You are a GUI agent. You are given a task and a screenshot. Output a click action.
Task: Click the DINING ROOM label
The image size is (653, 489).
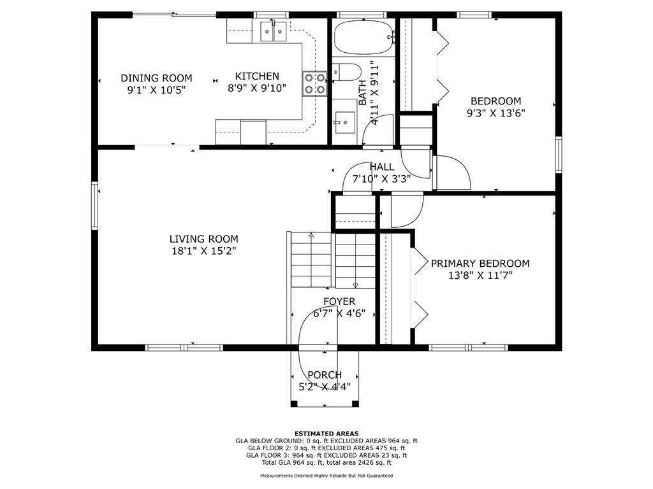tap(156, 78)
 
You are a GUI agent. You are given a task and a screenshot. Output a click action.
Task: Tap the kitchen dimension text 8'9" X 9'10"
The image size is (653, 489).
tap(257, 88)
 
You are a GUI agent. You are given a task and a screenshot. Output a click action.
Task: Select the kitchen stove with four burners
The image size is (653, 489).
tap(314, 83)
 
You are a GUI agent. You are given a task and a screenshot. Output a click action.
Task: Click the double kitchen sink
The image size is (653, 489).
tap(273, 31)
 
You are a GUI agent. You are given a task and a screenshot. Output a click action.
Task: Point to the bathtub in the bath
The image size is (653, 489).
tap(363, 38)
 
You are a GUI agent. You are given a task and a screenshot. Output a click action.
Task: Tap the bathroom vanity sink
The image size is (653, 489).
tap(345, 123)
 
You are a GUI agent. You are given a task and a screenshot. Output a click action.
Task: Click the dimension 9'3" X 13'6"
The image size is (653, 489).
tap(495, 113)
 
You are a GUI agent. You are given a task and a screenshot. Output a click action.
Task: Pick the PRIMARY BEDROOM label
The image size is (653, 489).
tap(480, 263)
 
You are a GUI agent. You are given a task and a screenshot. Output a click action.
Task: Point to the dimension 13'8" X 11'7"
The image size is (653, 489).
tap(480, 275)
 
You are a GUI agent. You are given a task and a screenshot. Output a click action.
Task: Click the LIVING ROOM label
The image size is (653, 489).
tap(203, 239)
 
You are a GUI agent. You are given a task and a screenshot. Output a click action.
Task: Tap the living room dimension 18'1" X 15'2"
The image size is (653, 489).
tap(203, 251)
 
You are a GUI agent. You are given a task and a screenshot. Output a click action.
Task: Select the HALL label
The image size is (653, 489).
tap(382, 167)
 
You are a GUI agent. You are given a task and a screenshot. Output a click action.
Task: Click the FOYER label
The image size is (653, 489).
tap(339, 301)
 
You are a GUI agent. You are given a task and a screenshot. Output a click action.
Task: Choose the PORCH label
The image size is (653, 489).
tap(325, 374)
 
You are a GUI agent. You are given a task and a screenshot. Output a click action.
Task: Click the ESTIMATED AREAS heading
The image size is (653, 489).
tap(326, 433)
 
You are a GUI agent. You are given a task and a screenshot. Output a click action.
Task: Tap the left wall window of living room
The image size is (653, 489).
tap(94, 206)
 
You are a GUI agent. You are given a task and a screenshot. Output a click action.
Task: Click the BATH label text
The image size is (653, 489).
tap(363, 92)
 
